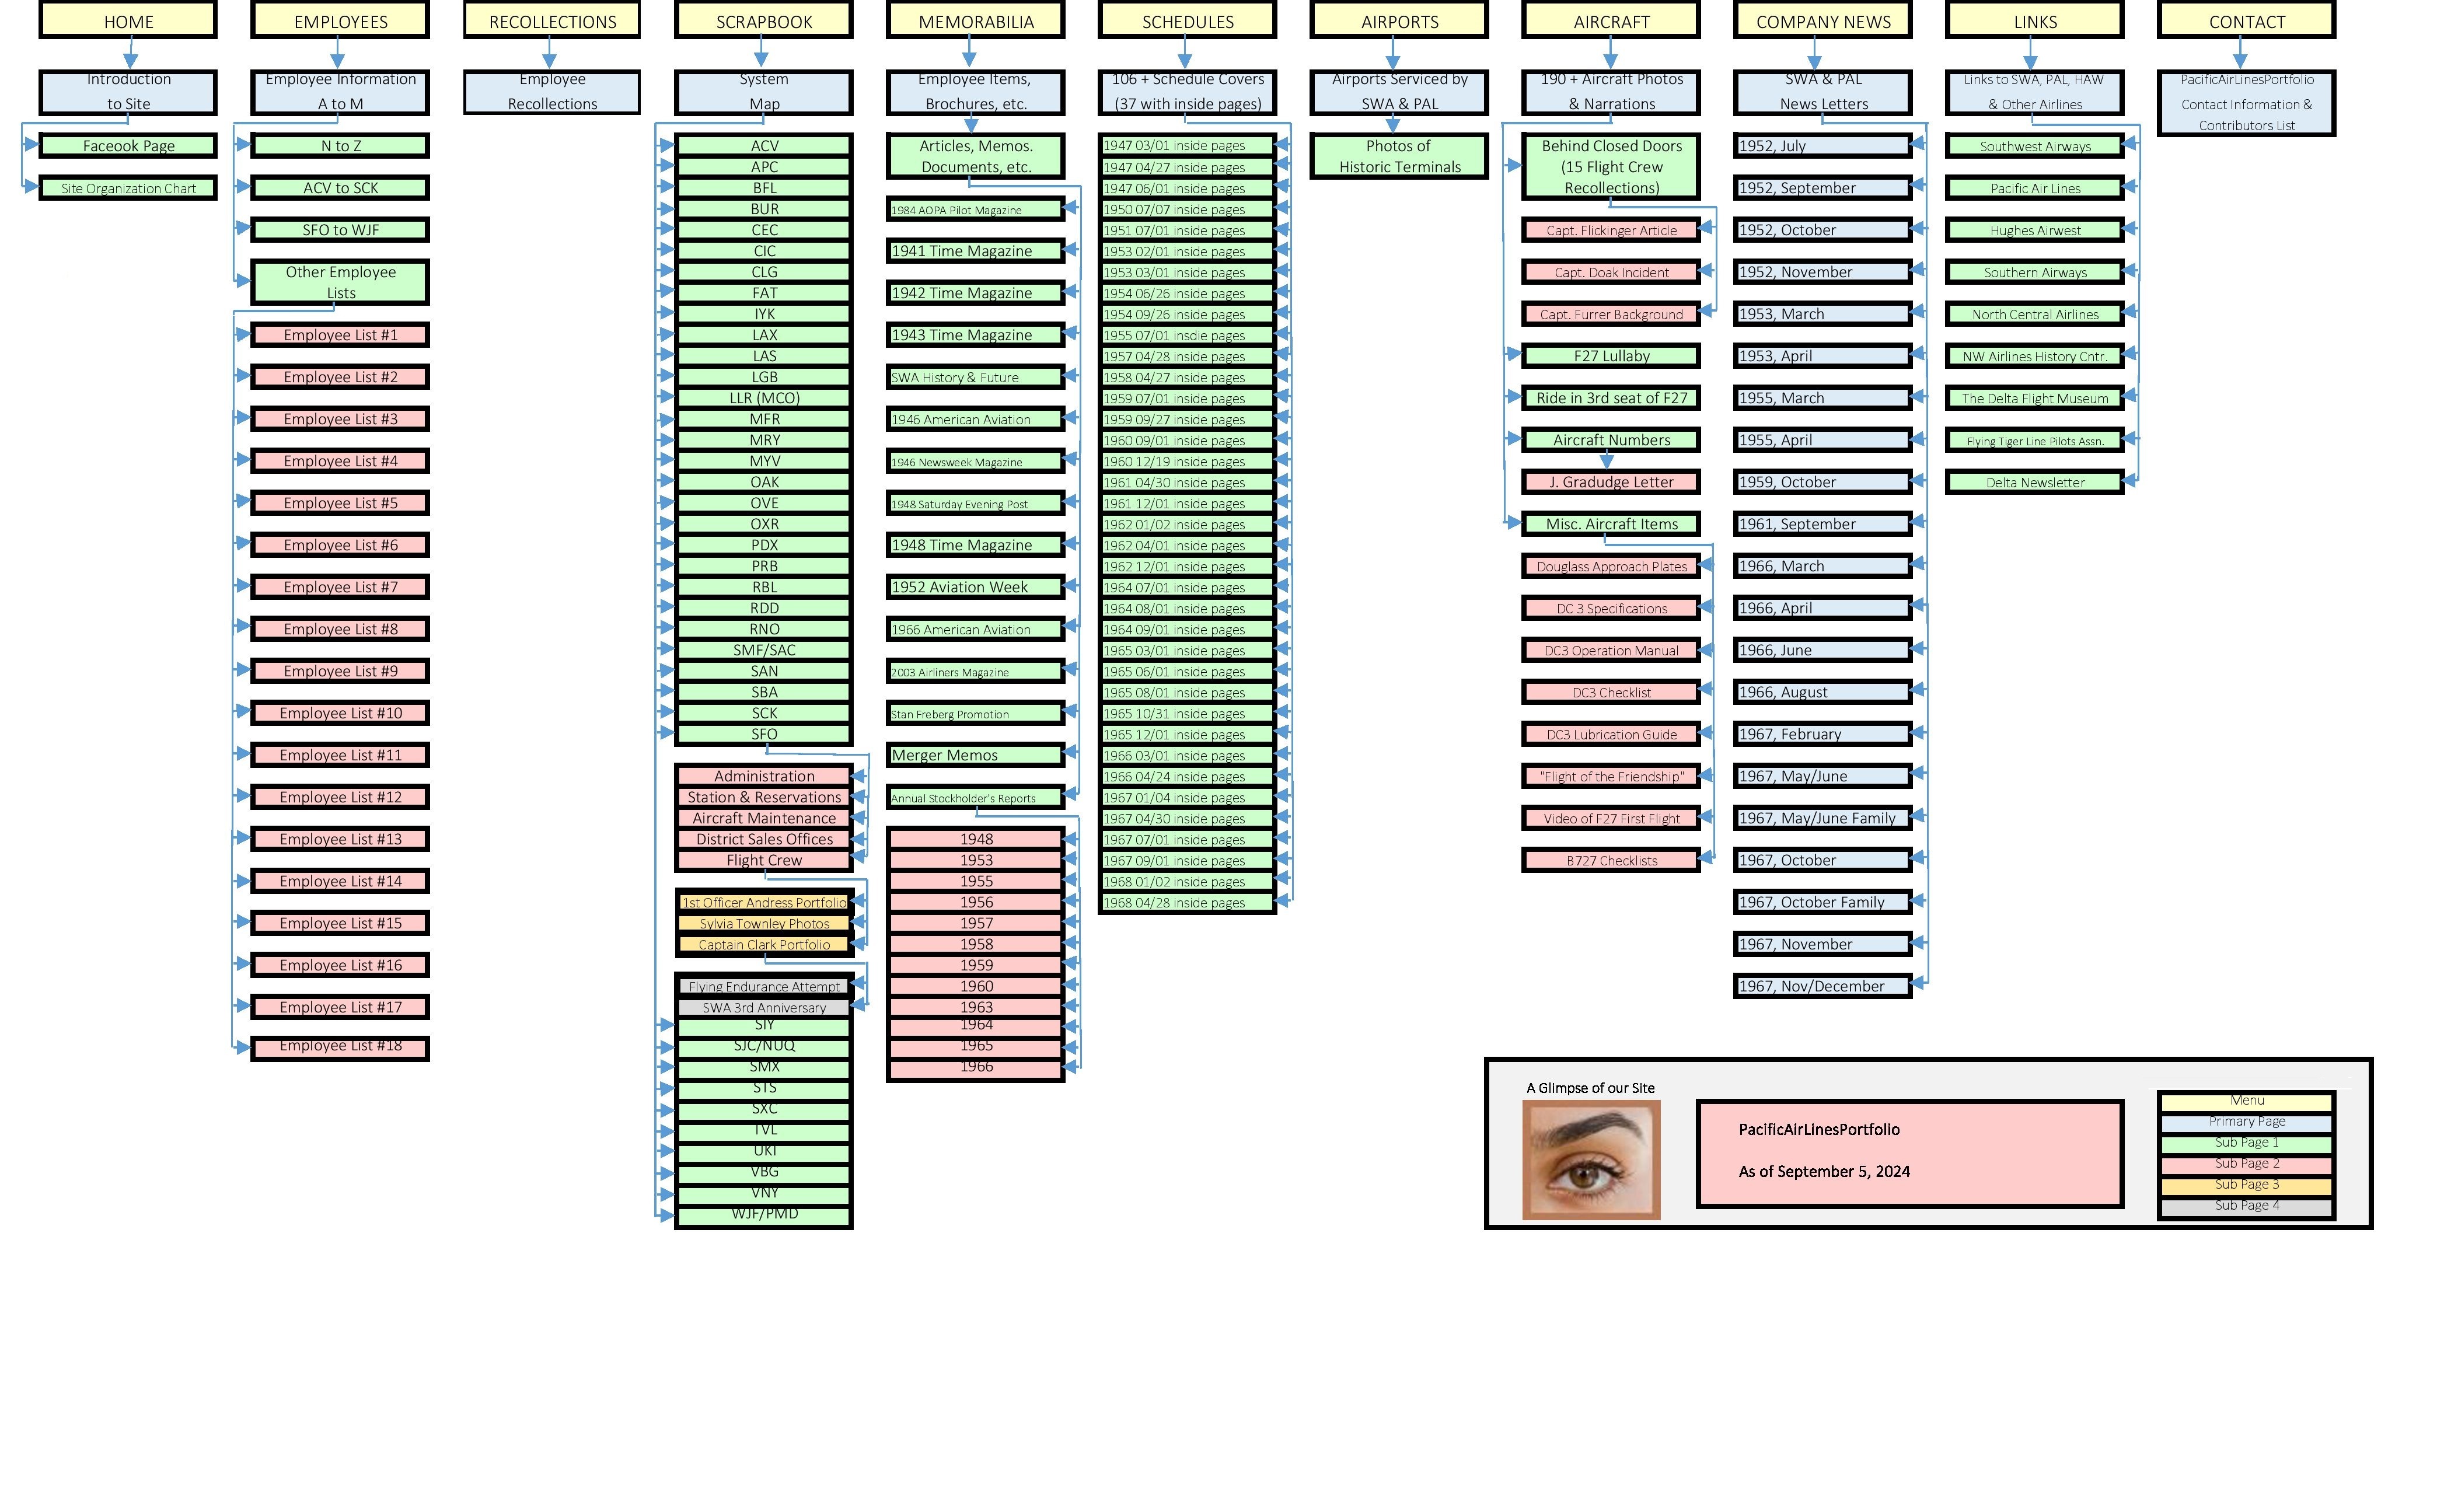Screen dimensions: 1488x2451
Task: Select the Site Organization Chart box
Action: click(128, 188)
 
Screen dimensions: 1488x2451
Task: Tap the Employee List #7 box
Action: click(340, 587)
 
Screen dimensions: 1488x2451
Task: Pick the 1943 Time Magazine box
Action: click(975, 335)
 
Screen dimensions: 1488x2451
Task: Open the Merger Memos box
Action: click(975, 755)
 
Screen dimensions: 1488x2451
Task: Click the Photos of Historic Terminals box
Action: click(1399, 156)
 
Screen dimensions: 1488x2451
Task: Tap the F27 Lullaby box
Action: click(1611, 356)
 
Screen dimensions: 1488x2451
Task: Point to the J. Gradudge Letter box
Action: click(1611, 483)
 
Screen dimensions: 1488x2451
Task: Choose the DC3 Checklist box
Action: click(1611, 692)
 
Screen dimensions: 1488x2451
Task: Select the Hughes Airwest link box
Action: click(2034, 230)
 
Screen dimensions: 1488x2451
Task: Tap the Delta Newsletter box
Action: click(2034, 483)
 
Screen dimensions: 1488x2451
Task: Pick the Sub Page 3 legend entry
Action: click(2246, 1185)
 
